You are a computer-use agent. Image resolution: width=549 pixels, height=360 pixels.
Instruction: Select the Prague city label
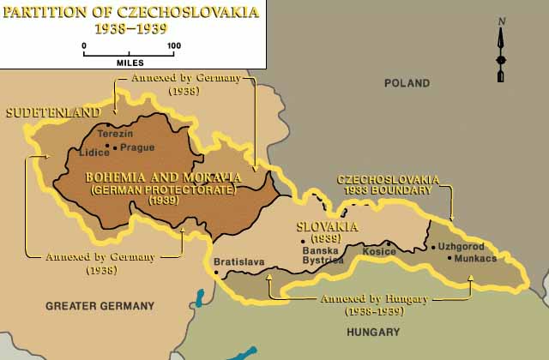(x=136, y=147)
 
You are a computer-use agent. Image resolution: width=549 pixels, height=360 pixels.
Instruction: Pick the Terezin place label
(x=116, y=135)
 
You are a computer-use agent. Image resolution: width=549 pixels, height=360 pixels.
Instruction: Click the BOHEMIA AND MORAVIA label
(x=163, y=177)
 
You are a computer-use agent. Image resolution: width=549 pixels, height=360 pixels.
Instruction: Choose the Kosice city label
(x=355, y=252)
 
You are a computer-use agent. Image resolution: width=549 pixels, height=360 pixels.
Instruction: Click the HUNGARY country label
(x=375, y=332)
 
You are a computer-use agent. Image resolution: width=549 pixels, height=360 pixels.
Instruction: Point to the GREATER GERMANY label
(x=100, y=305)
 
